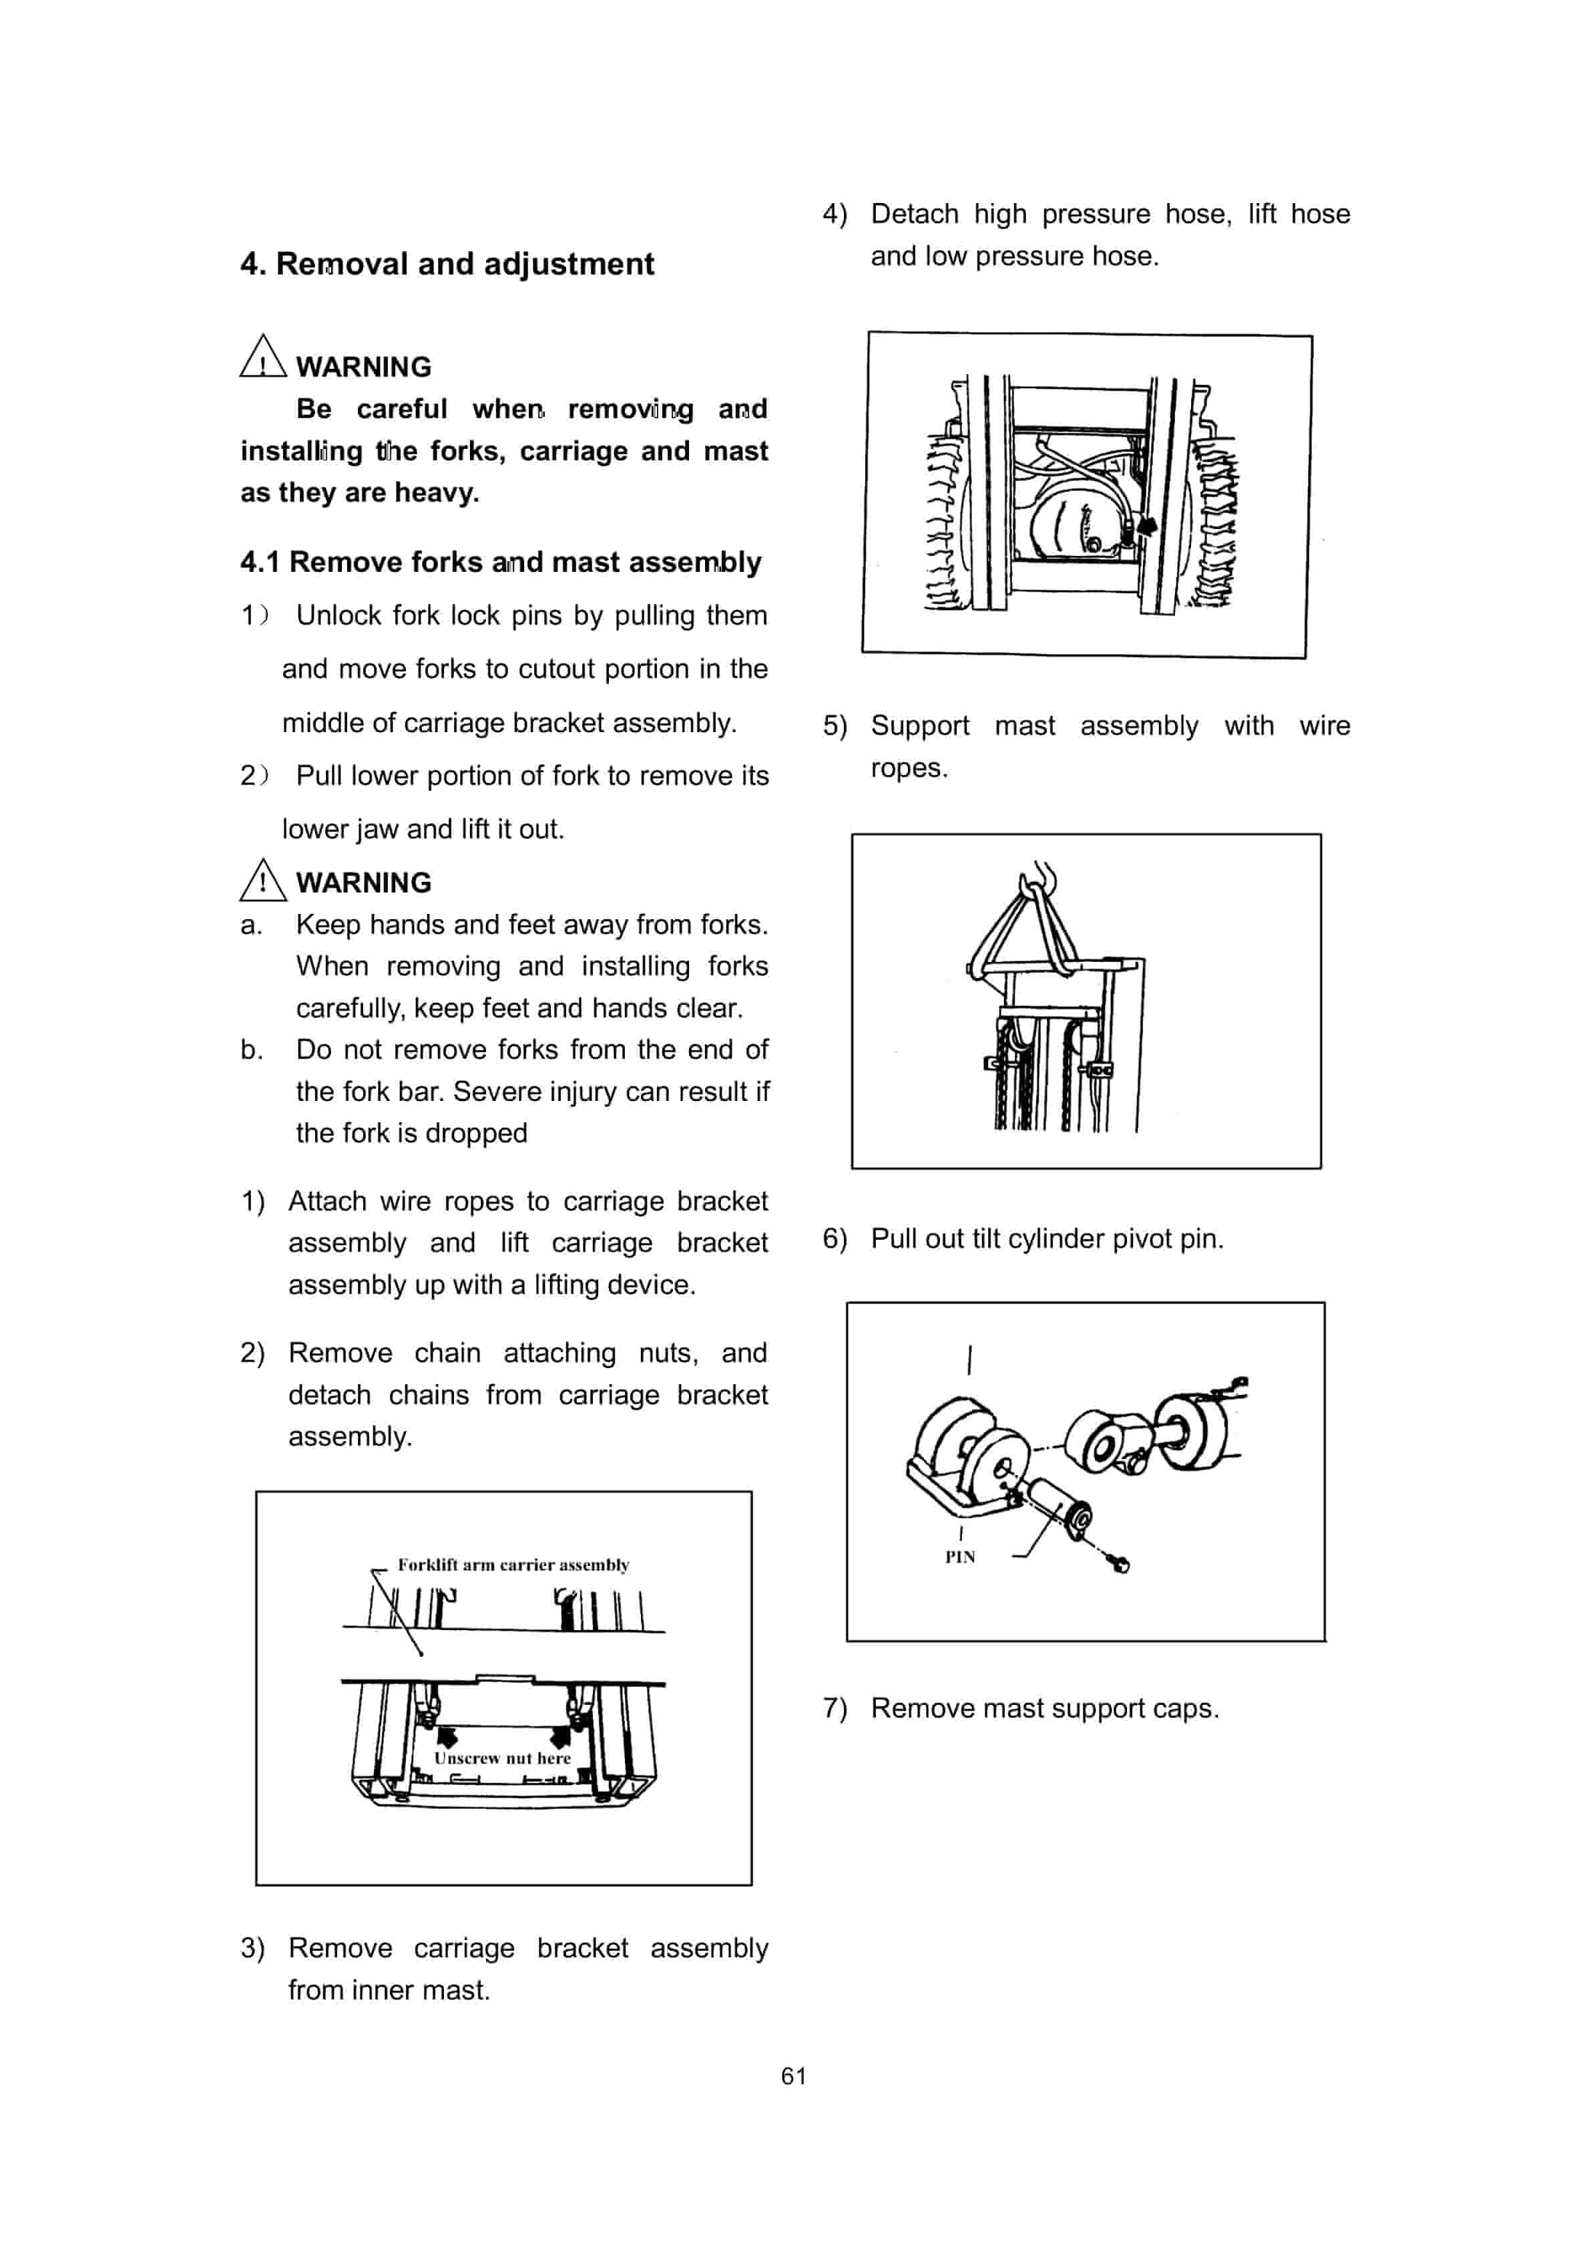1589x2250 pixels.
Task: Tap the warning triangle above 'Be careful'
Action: click(262, 357)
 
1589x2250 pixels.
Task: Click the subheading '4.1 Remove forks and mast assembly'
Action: click(501, 562)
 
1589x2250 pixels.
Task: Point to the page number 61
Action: click(794, 2076)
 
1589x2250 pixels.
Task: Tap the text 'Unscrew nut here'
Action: click(503, 1758)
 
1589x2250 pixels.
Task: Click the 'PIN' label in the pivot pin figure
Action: click(959, 1557)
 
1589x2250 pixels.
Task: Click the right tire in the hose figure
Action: click(1213, 519)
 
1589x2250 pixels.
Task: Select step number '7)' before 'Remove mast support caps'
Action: click(835, 1708)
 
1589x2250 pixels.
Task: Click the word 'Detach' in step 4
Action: click(913, 214)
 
